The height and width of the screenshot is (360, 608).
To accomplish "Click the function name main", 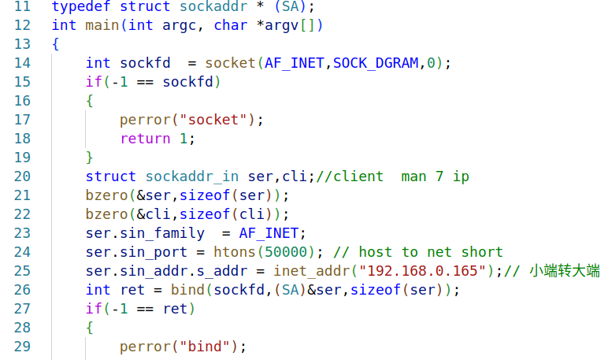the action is (x=98, y=25).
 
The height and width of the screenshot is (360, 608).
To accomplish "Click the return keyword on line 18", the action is (x=145, y=139).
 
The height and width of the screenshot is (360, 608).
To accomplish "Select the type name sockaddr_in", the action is (x=191, y=176).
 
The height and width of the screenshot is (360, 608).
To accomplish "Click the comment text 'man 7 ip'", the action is (x=435, y=176).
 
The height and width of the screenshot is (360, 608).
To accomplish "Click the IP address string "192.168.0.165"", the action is (x=422, y=271).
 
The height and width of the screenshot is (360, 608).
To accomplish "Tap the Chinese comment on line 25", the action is (x=565, y=271).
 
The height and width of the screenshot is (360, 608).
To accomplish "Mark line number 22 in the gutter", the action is (x=22, y=214).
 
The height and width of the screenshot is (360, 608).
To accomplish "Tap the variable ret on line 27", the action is (x=175, y=309).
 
